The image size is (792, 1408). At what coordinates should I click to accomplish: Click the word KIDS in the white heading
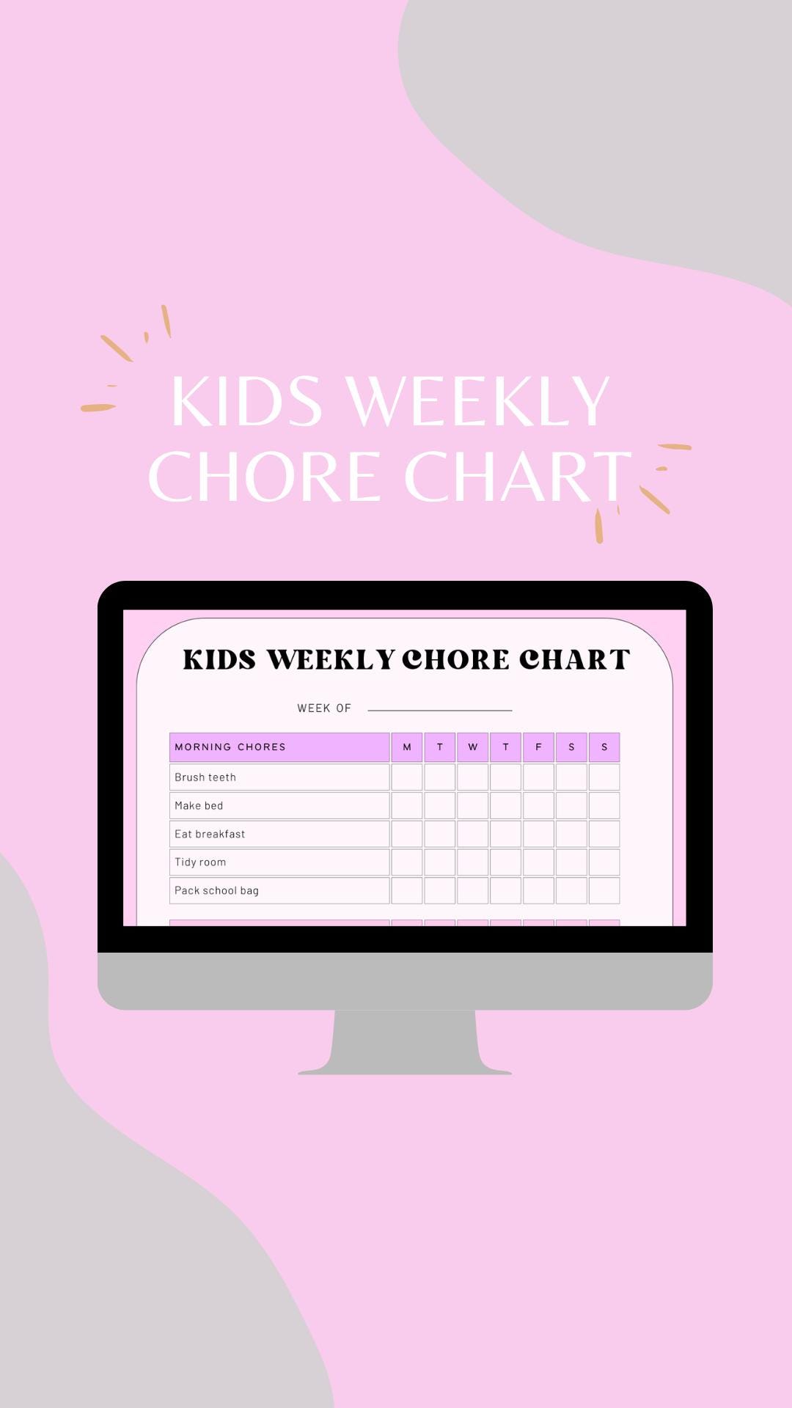(246, 401)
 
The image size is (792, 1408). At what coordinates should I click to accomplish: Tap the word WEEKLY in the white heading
(478, 401)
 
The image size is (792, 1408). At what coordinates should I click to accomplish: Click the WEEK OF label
(324, 708)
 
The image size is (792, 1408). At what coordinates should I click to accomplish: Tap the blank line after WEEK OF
(440, 709)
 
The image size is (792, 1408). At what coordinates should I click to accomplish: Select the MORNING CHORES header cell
(279, 747)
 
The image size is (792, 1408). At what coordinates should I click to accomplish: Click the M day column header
(407, 747)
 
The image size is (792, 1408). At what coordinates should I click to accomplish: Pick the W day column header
(473, 747)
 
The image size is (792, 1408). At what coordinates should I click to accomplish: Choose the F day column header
(538, 747)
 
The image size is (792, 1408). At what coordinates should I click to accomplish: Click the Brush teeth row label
(205, 777)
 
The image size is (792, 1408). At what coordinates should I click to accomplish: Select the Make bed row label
(199, 805)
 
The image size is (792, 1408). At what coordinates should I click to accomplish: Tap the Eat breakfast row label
(210, 834)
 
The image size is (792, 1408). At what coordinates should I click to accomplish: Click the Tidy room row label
(200, 862)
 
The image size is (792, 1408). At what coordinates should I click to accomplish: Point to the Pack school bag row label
(216, 890)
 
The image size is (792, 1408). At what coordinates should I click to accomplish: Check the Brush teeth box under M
(407, 777)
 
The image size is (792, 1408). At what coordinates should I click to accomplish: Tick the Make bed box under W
(473, 805)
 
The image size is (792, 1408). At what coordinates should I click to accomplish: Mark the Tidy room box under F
(538, 862)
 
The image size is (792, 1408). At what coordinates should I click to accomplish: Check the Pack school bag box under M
(407, 890)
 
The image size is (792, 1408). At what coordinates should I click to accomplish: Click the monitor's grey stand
(405, 1041)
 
